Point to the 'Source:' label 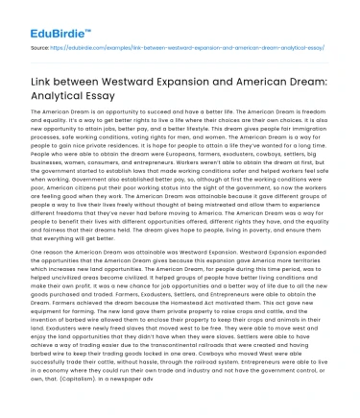[40, 45]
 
